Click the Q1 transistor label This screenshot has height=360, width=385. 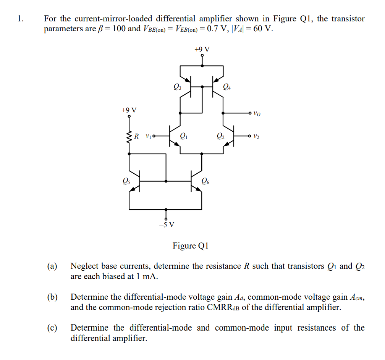[184, 136]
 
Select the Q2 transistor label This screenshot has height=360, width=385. [220, 136]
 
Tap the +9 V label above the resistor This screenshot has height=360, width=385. [129, 110]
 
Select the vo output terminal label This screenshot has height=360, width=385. [258, 113]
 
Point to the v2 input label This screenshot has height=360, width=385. [256, 136]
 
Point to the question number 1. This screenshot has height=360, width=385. [20, 19]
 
